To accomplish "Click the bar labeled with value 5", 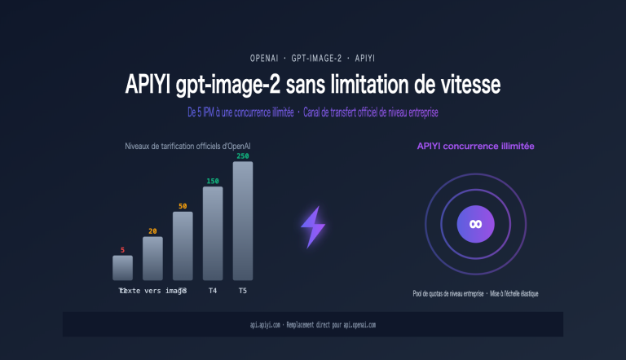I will (122, 268).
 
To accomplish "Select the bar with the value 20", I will (152, 259).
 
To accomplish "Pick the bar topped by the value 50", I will (183, 246).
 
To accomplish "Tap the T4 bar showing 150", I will (213, 234).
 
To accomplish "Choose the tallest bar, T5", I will (243, 221).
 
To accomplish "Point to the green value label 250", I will (243, 156).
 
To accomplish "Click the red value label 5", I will (122, 250).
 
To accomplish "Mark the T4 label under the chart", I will (213, 291).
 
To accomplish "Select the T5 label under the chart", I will (243, 291).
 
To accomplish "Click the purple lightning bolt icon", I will (313, 226).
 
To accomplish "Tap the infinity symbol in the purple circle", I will (475, 224).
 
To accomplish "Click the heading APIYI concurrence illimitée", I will (475, 146).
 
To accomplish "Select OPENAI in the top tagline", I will (265, 59).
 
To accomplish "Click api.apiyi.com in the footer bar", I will (266, 324).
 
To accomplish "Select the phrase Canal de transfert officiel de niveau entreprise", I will (376, 111).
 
